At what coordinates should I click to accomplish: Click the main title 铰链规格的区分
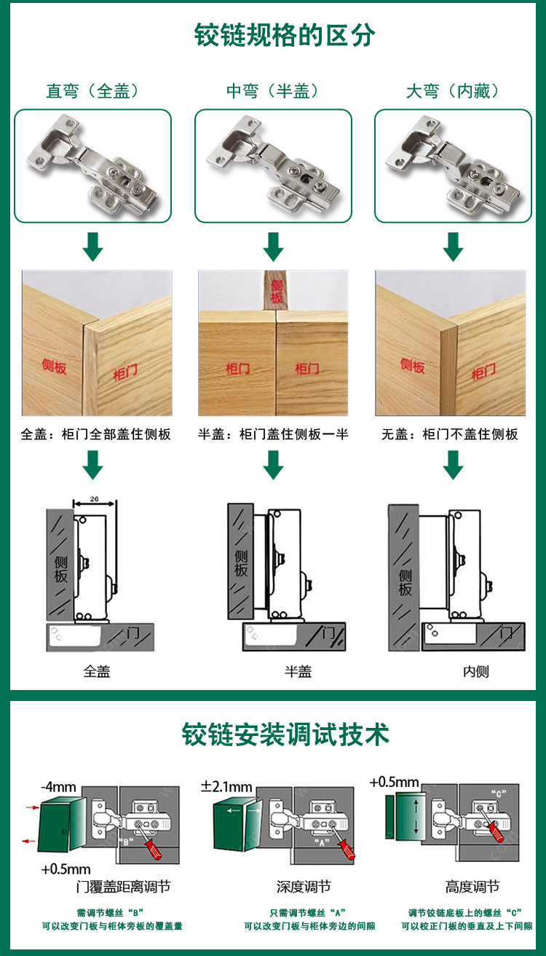(x=285, y=35)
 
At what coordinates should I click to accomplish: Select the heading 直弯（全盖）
(x=92, y=91)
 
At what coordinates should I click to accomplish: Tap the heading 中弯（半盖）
(x=273, y=91)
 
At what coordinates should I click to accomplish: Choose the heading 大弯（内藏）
(x=453, y=91)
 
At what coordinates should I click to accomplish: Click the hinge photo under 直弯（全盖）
(x=92, y=165)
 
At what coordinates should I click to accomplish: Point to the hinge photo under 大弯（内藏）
(x=453, y=165)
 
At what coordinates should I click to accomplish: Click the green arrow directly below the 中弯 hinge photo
(x=273, y=247)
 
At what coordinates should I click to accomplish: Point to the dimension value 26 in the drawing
(x=94, y=499)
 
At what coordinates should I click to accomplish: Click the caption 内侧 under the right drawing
(x=476, y=671)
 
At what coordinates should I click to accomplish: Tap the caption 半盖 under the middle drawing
(x=298, y=671)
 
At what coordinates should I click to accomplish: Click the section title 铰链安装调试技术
(x=285, y=734)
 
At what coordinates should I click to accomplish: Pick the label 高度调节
(x=472, y=887)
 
